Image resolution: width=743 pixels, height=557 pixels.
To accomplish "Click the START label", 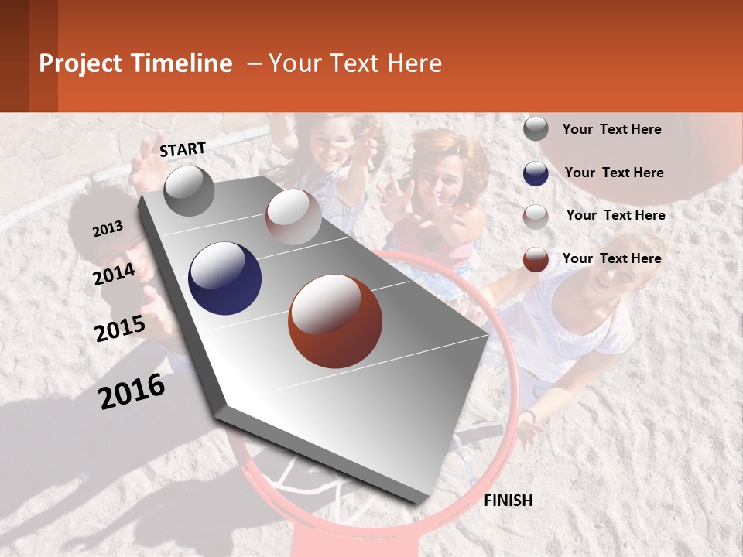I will tap(183, 149).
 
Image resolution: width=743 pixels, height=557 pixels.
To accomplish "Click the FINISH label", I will tap(508, 501).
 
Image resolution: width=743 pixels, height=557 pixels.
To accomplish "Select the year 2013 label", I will tap(108, 229).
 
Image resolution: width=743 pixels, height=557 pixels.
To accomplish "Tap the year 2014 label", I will tap(115, 274).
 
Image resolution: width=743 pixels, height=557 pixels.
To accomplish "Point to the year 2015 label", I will tap(120, 329).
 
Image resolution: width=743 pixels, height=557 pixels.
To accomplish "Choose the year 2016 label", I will tap(132, 391).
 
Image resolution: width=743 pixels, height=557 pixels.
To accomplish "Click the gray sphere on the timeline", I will tap(189, 190).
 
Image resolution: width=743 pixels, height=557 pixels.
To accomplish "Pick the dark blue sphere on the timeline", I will tap(225, 278).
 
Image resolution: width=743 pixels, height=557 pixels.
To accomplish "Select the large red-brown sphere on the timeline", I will tap(335, 321).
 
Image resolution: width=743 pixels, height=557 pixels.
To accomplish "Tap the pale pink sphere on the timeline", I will tap(293, 217).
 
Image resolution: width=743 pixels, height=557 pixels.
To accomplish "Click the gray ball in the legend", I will tap(536, 129).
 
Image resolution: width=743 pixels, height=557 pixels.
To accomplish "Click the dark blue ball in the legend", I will tap(536, 173).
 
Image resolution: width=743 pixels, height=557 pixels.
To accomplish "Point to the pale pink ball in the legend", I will tap(536, 217).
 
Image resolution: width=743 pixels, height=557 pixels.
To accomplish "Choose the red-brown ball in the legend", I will tap(536, 259).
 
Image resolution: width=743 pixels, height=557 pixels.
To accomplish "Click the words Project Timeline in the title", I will tap(135, 63).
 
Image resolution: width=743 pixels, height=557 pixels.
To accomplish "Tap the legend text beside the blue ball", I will tap(615, 173).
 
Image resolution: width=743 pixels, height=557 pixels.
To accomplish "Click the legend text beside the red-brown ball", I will tap(612, 258).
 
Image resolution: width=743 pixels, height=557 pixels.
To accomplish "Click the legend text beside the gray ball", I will tap(612, 129).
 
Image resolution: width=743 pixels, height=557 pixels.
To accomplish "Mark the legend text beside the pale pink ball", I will tap(616, 215).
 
